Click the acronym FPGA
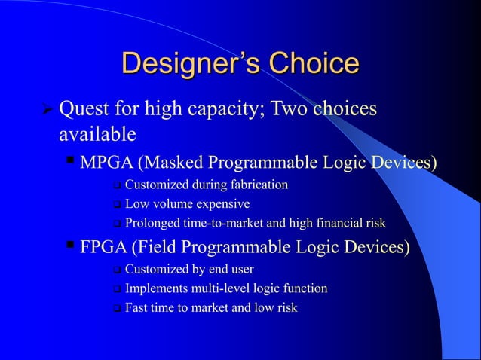point(104,248)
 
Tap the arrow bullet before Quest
point(46,111)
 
